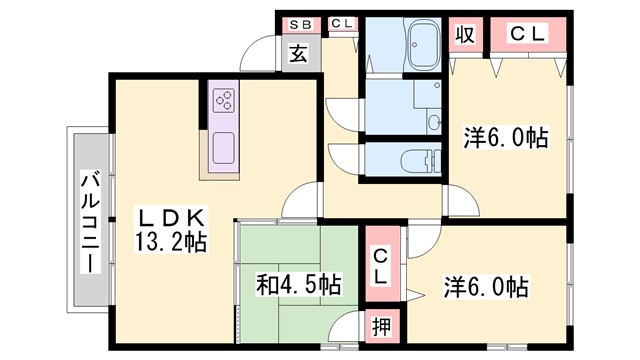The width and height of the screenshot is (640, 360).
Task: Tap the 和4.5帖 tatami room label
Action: [x=298, y=284]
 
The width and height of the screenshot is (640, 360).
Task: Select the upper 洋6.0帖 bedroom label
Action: [x=505, y=137]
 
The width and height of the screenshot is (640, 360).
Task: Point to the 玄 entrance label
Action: [x=299, y=55]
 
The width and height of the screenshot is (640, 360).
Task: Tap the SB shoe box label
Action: [x=299, y=23]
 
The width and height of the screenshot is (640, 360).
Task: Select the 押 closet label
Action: [x=381, y=326]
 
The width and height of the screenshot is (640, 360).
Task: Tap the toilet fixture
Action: [x=420, y=161]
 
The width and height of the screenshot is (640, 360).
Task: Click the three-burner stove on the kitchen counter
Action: [x=223, y=101]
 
